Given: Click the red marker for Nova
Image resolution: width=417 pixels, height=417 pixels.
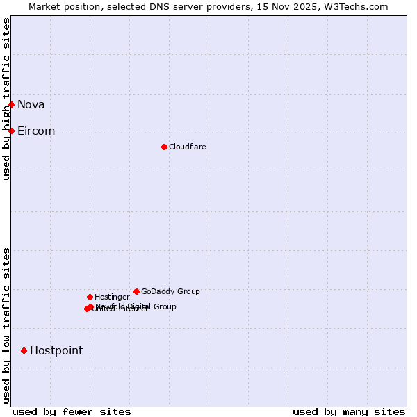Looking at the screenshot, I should pos(12,105).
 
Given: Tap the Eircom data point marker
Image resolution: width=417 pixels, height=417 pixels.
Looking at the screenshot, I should pos(12,131).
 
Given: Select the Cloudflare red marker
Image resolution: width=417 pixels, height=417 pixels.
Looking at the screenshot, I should pos(164,147).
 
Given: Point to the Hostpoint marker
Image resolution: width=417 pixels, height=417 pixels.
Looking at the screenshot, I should pos(24,351).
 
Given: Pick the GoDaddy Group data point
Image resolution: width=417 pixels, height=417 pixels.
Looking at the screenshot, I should pos(136,292).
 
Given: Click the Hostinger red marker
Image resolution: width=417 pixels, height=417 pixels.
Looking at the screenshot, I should pos(90,297).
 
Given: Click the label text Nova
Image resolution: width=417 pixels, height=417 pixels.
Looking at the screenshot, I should pos(31,105).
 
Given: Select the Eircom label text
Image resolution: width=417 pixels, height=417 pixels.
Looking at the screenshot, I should pos(36,131).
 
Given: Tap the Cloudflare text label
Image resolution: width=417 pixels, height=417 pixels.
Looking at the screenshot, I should pos(188,147).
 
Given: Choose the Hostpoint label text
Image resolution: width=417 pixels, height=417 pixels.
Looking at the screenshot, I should pos(56,351).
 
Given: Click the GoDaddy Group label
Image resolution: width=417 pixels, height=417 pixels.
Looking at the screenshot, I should pos(170,292).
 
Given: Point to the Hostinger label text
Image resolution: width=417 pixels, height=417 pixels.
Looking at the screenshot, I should pos(112,297).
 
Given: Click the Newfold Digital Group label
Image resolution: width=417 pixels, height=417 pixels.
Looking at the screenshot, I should pos(136,306).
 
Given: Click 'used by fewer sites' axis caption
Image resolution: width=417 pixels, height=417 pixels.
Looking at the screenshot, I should pos(72,411).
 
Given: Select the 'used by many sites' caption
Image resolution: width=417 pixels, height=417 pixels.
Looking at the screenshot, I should pos(349,411).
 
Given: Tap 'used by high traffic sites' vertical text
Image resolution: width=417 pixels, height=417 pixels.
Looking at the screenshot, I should pos(7,99).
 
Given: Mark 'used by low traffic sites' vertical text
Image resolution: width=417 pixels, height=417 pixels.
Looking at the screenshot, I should pos(7,325).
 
